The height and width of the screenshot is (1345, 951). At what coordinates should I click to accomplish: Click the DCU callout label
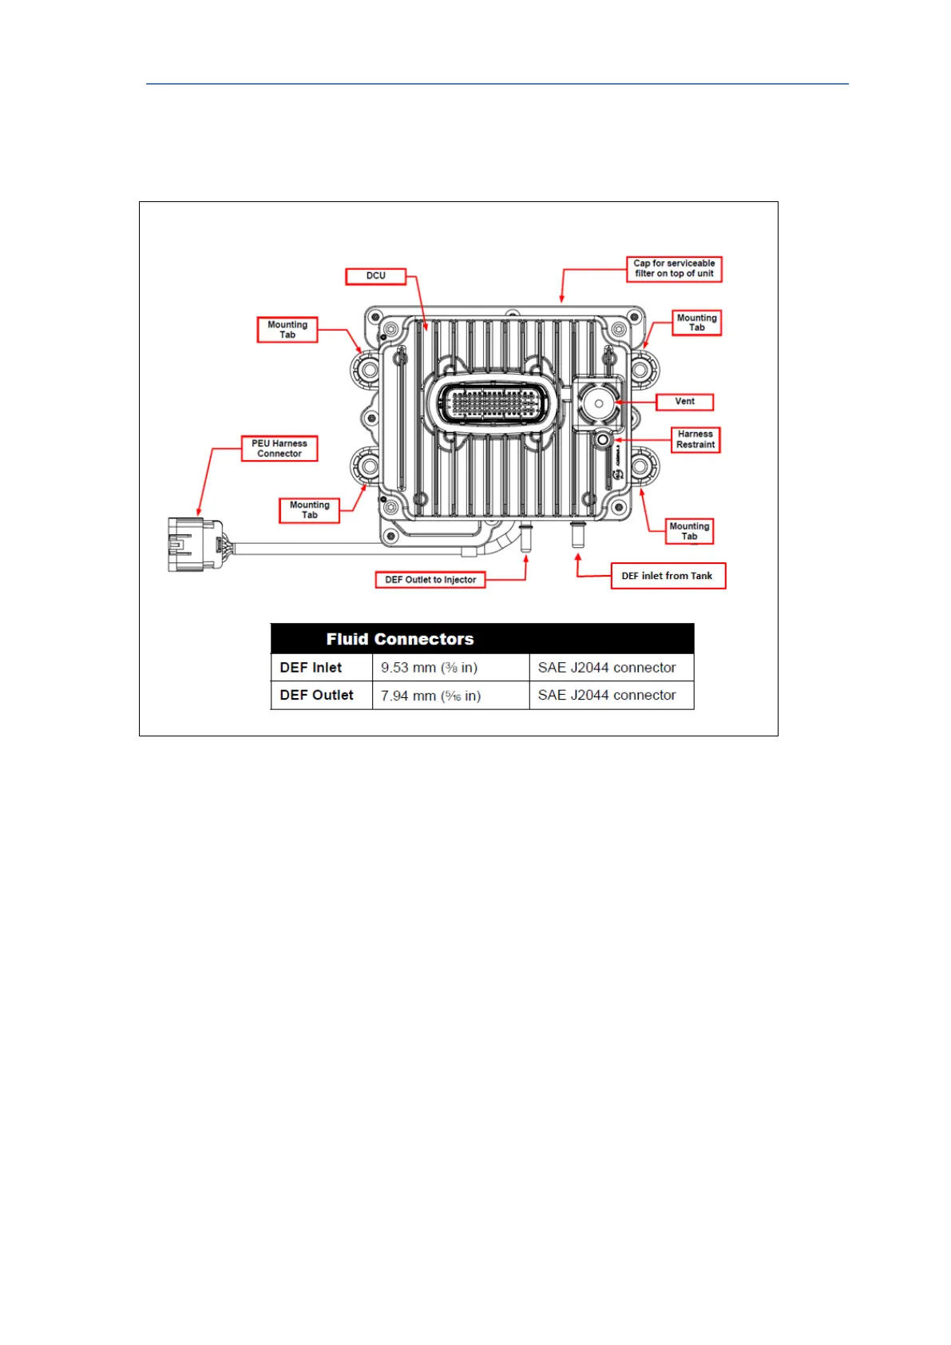click(375, 276)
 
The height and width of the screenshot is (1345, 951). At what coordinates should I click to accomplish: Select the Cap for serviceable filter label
click(674, 268)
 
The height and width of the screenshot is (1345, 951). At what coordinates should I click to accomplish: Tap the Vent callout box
click(684, 402)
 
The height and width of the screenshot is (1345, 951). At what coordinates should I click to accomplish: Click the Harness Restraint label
click(695, 439)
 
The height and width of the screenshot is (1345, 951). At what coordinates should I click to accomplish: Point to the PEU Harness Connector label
click(279, 449)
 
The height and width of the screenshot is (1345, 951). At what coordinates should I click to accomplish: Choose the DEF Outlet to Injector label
click(430, 580)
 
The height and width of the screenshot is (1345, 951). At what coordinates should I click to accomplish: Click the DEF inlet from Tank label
click(668, 576)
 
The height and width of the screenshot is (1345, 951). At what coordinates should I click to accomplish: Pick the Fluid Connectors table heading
click(400, 639)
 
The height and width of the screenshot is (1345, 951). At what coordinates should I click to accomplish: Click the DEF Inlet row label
click(311, 668)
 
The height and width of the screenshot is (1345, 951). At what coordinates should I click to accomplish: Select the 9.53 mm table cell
click(430, 668)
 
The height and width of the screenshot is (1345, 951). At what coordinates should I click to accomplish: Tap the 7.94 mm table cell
click(431, 696)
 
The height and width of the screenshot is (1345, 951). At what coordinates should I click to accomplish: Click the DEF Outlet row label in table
click(317, 696)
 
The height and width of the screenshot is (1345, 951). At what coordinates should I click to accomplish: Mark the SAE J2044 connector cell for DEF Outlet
click(607, 696)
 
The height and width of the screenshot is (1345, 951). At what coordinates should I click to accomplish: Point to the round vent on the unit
click(598, 403)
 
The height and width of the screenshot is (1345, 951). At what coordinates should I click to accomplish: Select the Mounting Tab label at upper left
click(287, 330)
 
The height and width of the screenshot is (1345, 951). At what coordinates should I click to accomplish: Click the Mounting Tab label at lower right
click(689, 531)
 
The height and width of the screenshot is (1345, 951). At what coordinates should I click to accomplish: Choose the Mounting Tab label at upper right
click(696, 323)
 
